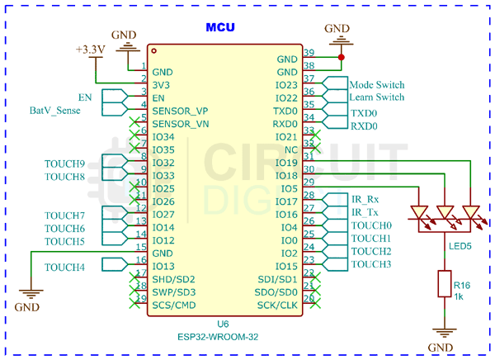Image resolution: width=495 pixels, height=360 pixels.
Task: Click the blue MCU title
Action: pos(220,27)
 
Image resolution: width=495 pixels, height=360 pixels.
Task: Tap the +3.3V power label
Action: pos(90,50)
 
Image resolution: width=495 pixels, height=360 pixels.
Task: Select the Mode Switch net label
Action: pos(376,85)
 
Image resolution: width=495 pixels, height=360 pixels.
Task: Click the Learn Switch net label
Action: pos(376,97)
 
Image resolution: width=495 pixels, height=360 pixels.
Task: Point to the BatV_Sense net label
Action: pos(55,110)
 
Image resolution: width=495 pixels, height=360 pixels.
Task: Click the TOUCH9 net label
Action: pos(64,163)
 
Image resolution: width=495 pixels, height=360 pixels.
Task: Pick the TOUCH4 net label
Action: pos(64,267)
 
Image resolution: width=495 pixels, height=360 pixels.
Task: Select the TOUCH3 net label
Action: pos(370,264)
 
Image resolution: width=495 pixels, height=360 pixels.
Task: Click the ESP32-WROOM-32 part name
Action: pos(220,337)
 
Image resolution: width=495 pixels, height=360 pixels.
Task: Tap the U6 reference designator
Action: pos(222,324)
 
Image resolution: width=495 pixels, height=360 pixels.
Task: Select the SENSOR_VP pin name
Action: pos(180,111)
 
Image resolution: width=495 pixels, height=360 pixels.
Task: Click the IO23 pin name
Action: pos(285,85)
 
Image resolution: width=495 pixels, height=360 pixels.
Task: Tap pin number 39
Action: pos(309,53)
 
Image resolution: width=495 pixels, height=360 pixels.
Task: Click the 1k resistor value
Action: pos(460,296)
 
